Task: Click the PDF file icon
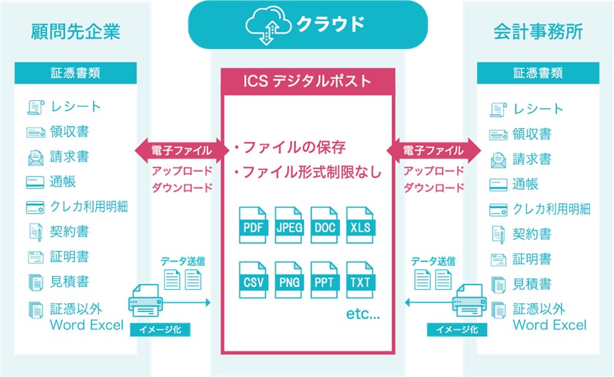(253, 226)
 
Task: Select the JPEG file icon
(289, 226)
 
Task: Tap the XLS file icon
(360, 226)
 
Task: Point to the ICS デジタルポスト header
(307, 81)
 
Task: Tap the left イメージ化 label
(160, 330)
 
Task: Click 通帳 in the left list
(64, 182)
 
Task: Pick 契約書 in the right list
(532, 234)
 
